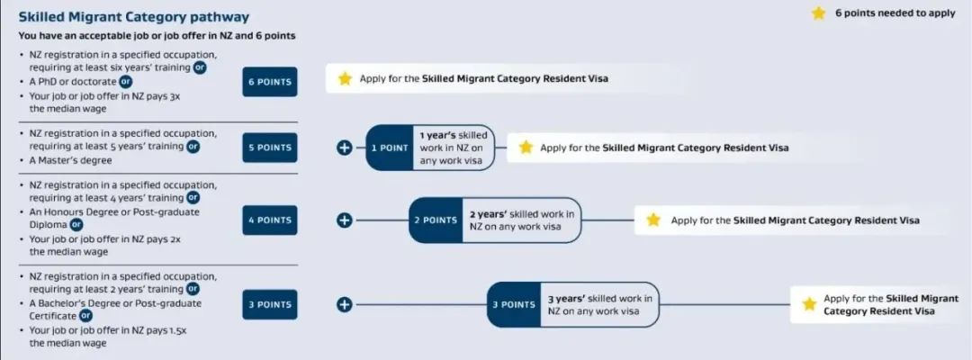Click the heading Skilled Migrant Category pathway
134,17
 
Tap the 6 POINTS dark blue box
270,82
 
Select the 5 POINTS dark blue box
270,148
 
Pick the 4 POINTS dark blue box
270,220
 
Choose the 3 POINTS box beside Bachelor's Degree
270,304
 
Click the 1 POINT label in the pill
390,148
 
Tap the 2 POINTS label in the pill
436,220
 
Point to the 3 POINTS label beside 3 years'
514,304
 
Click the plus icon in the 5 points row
345,148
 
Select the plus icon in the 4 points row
345,220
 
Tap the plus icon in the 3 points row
345,304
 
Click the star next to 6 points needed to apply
819,13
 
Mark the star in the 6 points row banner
346,78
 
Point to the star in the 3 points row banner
809,303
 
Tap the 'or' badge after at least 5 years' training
193,147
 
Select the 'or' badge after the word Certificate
85,316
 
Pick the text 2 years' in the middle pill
489,214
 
